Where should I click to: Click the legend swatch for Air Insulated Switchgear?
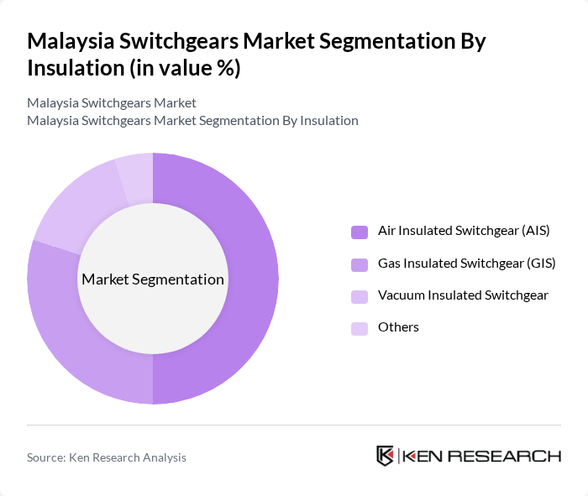tap(360, 232)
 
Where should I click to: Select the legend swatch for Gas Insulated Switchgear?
tap(360, 264)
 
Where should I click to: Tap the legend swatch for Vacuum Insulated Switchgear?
tap(360, 296)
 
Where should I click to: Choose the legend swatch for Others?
tap(360, 328)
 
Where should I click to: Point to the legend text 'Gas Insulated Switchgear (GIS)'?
tap(466, 264)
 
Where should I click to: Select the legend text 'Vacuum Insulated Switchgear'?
tap(463, 295)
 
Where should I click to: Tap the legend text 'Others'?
tap(398, 327)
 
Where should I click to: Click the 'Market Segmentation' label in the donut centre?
tap(153, 279)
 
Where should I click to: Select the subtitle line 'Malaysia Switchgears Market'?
tap(112, 102)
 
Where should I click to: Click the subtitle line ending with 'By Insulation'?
tap(192, 120)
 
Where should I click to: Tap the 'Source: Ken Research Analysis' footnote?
tap(107, 457)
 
